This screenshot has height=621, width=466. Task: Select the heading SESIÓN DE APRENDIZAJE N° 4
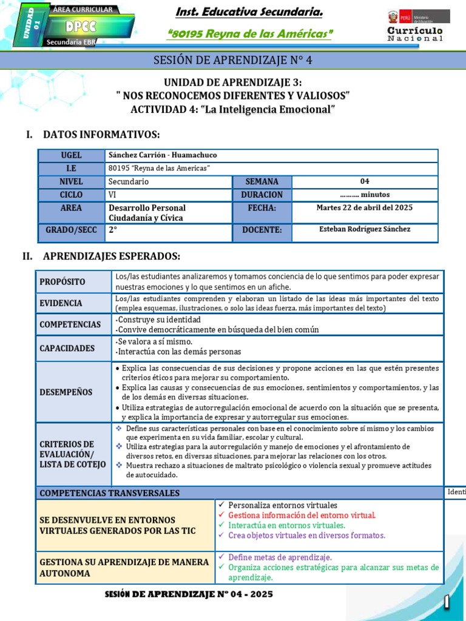[x=232, y=60]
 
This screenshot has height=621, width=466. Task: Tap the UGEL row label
[x=71, y=155]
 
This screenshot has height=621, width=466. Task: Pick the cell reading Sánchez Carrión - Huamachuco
[x=162, y=155]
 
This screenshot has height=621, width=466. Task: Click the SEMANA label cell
[x=262, y=181]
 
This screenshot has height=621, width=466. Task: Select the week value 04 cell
[x=364, y=181]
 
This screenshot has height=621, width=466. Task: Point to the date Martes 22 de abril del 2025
[x=364, y=207]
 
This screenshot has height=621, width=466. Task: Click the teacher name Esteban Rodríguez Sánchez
[x=364, y=229]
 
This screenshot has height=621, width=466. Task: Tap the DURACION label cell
[x=262, y=195]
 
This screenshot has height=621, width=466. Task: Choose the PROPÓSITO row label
[x=62, y=282]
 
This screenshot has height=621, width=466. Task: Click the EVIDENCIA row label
[x=62, y=304]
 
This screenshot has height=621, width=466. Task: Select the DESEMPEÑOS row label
[x=66, y=392]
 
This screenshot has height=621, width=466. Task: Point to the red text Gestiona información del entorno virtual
[x=302, y=515]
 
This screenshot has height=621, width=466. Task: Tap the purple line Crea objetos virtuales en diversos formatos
[x=306, y=535]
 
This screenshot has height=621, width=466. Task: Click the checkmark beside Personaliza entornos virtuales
[x=221, y=505]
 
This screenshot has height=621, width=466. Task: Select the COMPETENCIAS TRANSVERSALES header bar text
[x=109, y=494]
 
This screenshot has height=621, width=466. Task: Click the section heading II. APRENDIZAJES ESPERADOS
[x=101, y=257]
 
